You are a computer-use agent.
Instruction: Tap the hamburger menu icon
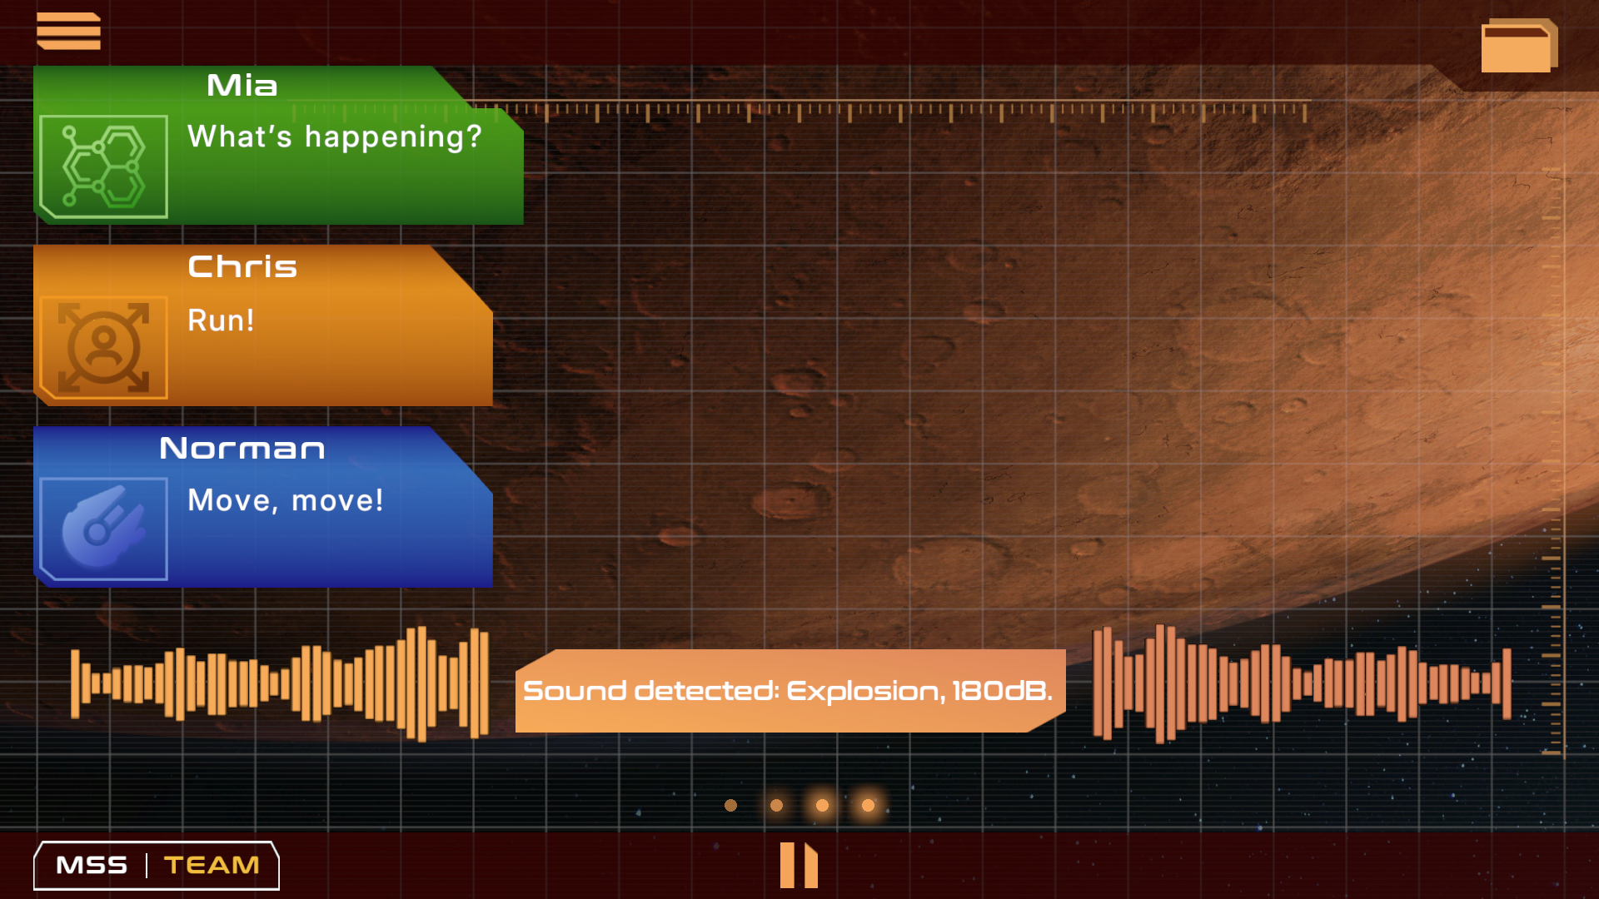click(68, 31)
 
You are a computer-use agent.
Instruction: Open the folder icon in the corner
click(1519, 46)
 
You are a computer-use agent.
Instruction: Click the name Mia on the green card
click(242, 86)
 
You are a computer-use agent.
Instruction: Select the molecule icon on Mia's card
click(103, 166)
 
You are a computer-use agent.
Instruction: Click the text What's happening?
click(335, 137)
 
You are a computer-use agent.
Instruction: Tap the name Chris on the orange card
click(242, 267)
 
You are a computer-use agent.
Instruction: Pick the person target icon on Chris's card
click(103, 347)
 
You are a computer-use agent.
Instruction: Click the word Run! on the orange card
click(221, 320)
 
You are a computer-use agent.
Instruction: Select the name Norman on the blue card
click(242, 449)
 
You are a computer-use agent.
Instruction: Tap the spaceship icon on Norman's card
click(103, 529)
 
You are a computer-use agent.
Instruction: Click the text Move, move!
click(286, 500)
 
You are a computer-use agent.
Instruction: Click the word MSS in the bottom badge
click(92, 866)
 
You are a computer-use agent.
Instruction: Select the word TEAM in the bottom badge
click(212, 866)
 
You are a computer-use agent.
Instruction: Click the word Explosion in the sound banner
click(866, 691)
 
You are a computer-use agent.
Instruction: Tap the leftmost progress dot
click(730, 805)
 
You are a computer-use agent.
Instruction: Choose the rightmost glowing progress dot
click(868, 805)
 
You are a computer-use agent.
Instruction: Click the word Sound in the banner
click(575, 691)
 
